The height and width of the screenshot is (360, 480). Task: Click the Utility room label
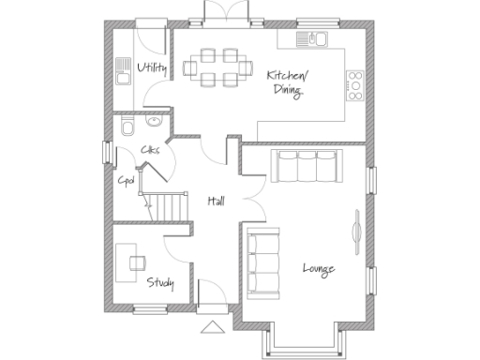point(151,68)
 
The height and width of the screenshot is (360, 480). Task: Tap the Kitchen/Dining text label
point(286,82)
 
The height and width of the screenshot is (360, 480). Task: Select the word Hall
point(216,201)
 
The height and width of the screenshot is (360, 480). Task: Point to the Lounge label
point(318,270)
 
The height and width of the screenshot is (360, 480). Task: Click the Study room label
point(159,281)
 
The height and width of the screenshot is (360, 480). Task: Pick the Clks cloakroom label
point(149,150)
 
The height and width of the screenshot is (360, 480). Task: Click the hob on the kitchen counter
point(355,83)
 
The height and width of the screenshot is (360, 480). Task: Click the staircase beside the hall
point(166,204)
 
